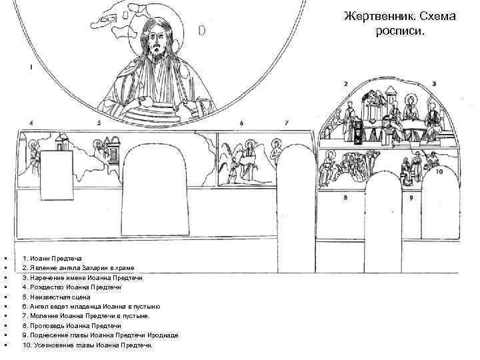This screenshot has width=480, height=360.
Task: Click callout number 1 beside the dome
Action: (30, 67)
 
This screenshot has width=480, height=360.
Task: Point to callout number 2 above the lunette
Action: (346, 84)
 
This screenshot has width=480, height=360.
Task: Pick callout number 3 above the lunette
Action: (434, 84)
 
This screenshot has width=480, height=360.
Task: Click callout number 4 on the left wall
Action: (31, 123)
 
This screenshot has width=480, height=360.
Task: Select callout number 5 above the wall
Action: (99, 123)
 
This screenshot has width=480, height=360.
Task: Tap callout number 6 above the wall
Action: (241, 123)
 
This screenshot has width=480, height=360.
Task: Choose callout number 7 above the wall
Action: (286, 123)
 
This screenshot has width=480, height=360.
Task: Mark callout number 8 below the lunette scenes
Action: (345, 198)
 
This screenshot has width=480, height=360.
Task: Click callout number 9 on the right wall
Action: (411, 198)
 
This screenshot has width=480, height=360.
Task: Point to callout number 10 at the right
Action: (439, 171)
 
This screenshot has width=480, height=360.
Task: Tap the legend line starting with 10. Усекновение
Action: (87, 345)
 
